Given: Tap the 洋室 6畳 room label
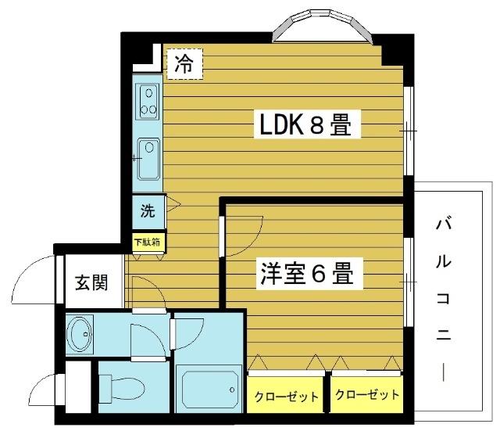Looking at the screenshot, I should point(306,275).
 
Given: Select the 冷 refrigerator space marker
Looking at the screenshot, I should point(184,63).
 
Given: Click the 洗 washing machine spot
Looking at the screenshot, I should point(148,210).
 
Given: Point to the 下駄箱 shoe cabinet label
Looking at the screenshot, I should point(147,242).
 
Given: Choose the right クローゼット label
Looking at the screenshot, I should point(367,394).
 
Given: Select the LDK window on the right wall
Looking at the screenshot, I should point(409,130).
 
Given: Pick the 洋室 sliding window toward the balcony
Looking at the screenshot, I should point(409,280).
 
